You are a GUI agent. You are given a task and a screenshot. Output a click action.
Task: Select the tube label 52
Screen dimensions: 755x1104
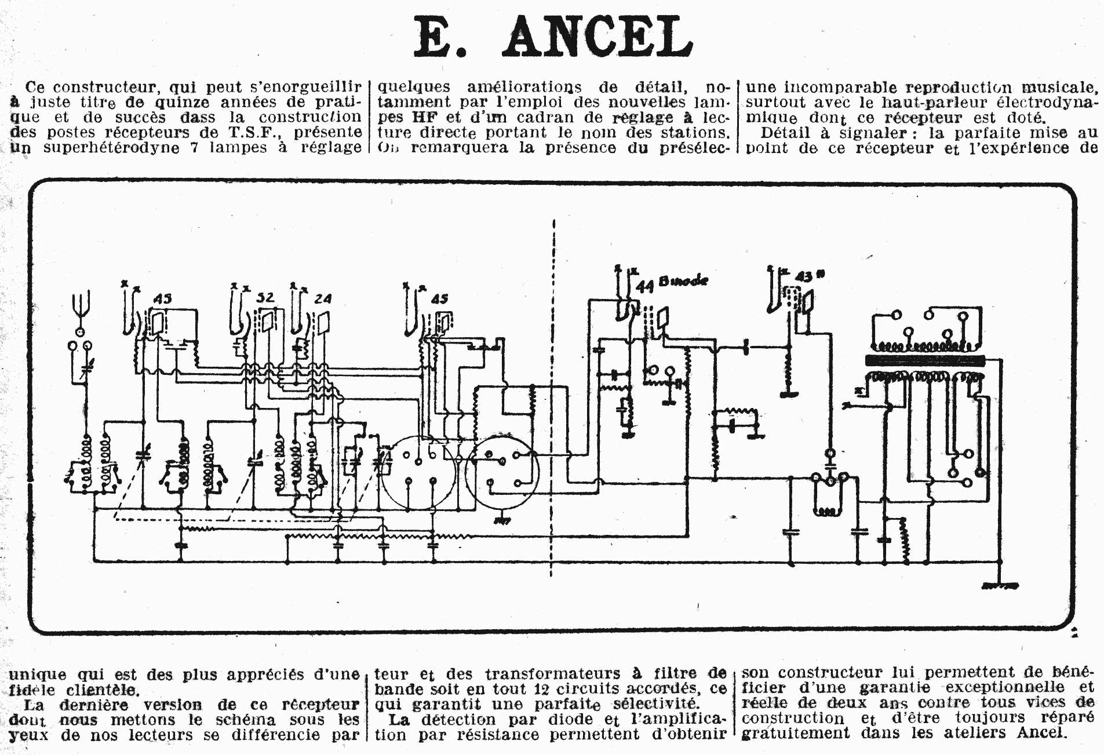(265, 298)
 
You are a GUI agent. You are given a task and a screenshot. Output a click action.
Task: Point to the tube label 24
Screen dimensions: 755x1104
(322, 299)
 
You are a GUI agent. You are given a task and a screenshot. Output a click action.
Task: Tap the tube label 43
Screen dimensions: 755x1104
(803, 276)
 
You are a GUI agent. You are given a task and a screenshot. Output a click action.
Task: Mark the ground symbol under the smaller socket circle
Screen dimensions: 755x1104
(502, 520)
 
